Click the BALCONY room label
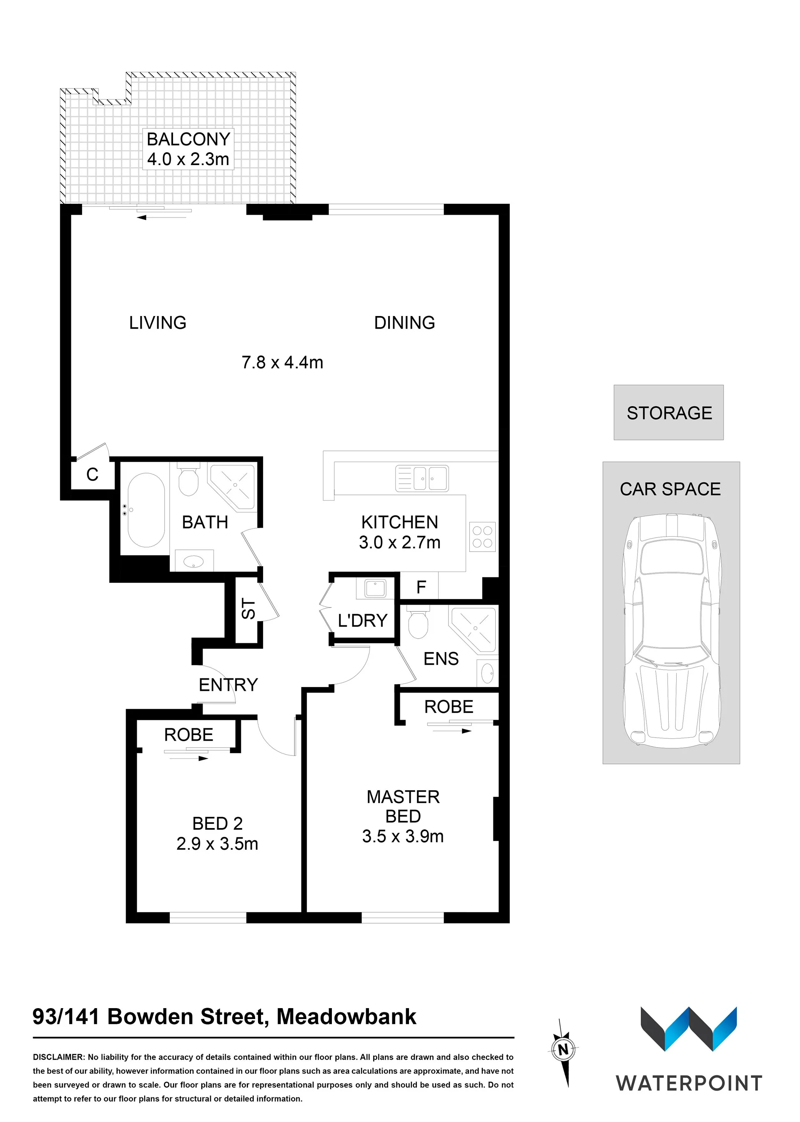pos(189,139)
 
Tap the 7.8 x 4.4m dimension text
pos(282,362)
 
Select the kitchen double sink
pos(422,478)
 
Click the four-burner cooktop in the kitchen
pos(482,537)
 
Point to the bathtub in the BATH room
pos(146,510)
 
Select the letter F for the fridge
pos(421,587)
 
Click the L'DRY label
pos(363,620)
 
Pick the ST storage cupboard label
pos(249,609)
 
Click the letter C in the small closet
pos(92,474)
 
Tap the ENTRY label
pos(228,685)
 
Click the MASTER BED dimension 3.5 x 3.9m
pos(403,836)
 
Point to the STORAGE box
pos(668,412)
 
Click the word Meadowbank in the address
pos(346,1017)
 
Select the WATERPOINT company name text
pos(689,1084)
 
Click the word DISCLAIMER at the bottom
pos(59,1057)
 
